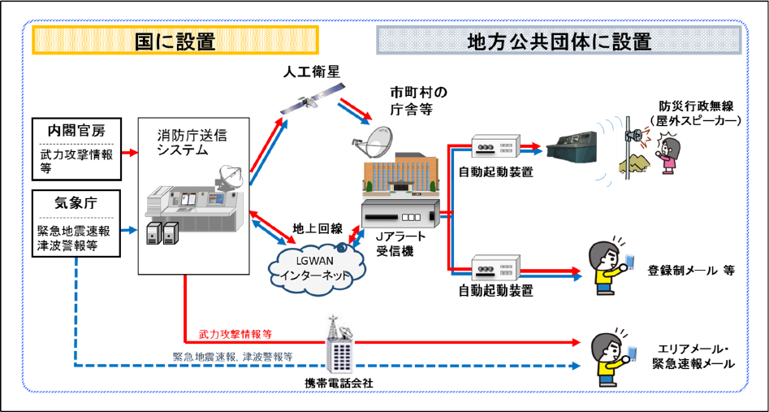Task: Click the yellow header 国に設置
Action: pyautogui.click(x=175, y=40)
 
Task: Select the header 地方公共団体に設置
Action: pyautogui.click(x=559, y=40)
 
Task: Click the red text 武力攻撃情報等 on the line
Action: pyautogui.click(x=235, y=334)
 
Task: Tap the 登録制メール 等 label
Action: pyautogui.click(x=690, y=270)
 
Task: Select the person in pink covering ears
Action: pyautogui.click(x=667, y=155)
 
